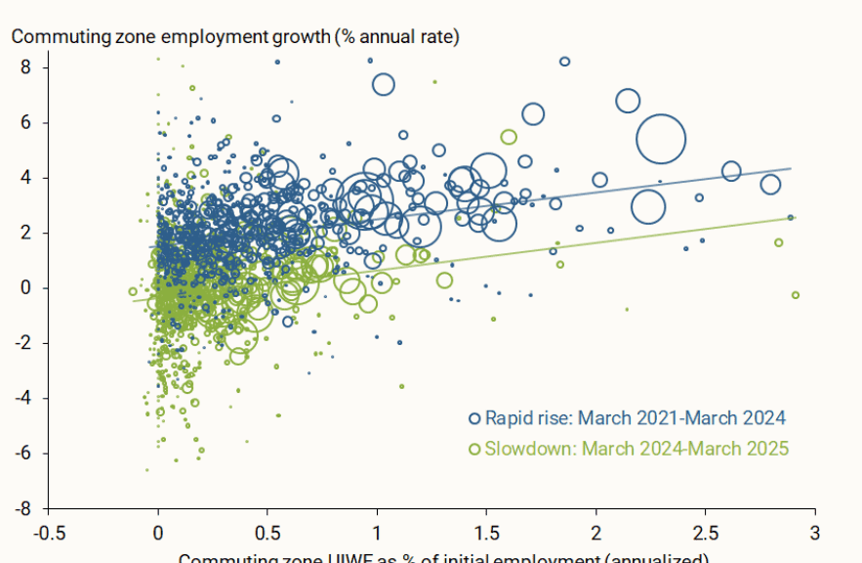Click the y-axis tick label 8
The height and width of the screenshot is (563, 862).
27,67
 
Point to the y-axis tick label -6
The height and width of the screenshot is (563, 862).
24,454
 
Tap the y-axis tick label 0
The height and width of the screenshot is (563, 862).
27,288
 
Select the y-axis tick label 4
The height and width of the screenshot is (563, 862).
27,178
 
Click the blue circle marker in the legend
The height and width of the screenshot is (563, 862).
475,418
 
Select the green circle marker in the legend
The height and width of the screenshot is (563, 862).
475,449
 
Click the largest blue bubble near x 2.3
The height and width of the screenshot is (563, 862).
661,139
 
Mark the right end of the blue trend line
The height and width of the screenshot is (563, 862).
791,169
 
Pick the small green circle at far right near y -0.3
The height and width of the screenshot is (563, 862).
796,294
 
